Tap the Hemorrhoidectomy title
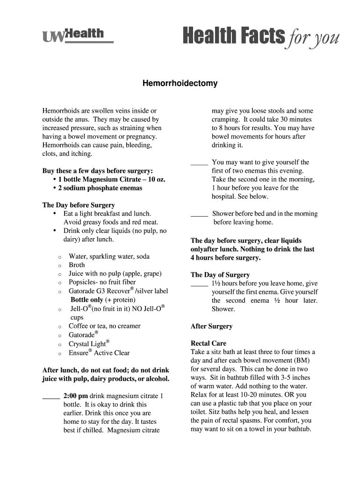(180, 84)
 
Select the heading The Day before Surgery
(78, 205)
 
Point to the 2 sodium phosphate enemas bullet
(100, 188)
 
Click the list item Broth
(77, 265)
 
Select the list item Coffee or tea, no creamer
(104, 326)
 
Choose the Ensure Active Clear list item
(99, 353)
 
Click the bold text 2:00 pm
(75, 396)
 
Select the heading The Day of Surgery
(220, 275)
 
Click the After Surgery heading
(211, 326)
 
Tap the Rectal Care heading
(208, 343)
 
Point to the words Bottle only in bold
(86, 300)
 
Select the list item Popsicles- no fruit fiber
(102, 282)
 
